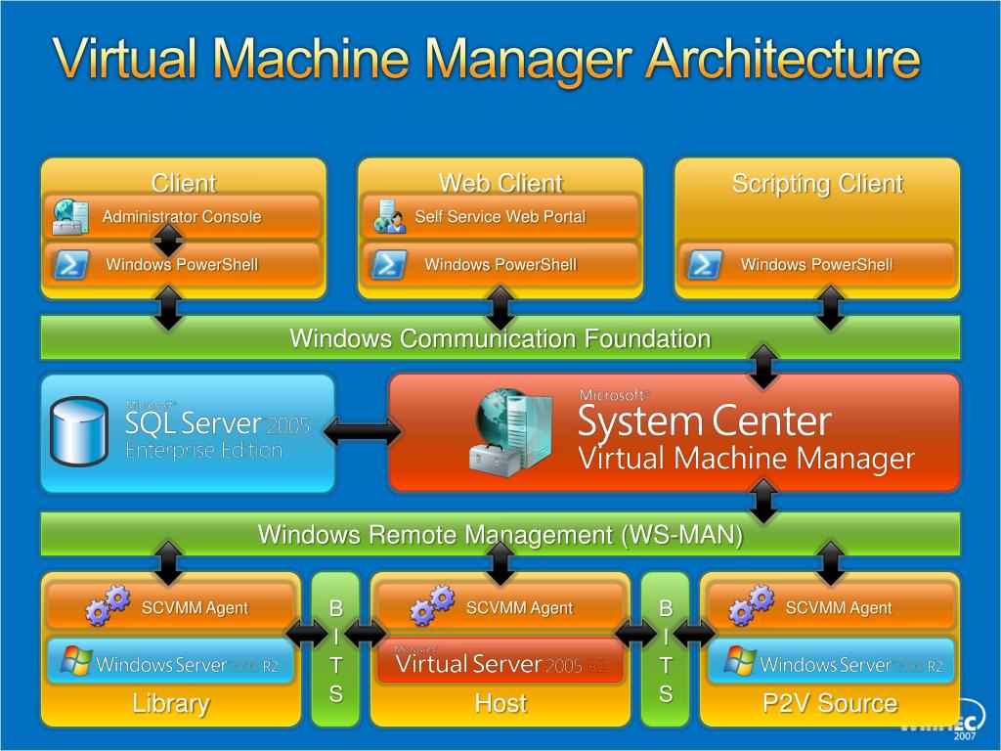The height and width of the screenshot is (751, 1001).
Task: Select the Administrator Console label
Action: [182, 217]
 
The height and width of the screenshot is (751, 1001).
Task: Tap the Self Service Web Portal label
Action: [500, 217]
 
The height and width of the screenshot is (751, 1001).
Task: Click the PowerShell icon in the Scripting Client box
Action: [704, 265]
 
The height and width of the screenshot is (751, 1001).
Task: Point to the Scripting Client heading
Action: [817, 184]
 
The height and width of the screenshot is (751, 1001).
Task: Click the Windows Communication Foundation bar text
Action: [500, 339]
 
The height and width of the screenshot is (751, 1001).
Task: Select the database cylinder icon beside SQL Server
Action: [79, 431]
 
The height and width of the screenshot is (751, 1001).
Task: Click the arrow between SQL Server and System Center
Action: [362, 431]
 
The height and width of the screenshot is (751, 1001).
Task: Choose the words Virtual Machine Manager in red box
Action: [747, 458]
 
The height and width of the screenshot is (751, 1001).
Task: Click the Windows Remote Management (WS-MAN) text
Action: [500, 535]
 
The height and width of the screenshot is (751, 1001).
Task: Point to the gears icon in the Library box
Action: [108, 605]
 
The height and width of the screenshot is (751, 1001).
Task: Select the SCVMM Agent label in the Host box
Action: [519, 608]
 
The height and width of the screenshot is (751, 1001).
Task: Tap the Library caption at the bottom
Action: [171, 703]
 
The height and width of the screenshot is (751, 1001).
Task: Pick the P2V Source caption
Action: [830, 703]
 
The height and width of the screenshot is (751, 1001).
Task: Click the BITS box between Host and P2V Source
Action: [666, 650]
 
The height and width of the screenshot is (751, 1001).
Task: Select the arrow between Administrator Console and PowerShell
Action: [169, 240]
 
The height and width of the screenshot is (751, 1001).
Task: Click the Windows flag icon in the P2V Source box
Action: [740, 662]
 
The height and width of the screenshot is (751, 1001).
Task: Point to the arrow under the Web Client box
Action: [500, 306]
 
